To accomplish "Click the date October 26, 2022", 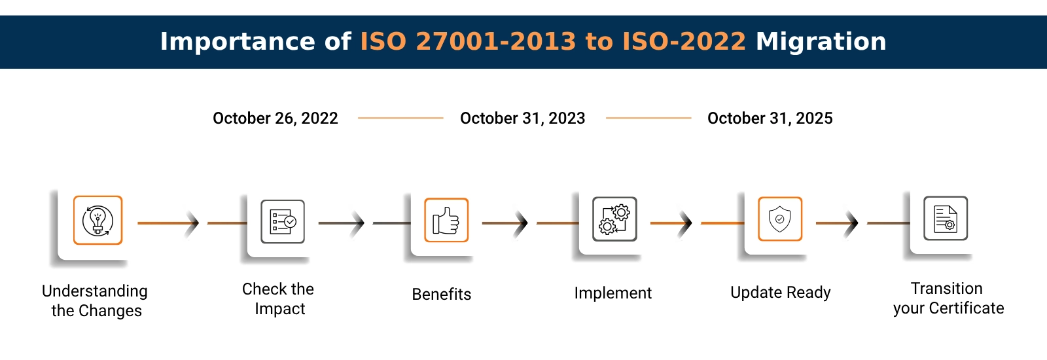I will click(275, 118).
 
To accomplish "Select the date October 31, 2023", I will click(523, 118).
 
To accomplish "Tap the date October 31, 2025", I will click(770, 118).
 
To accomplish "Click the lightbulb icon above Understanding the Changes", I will click(98, 221).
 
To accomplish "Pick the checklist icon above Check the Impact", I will click(283, 222).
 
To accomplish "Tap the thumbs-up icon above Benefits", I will click(446, 221).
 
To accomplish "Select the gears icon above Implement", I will click(614, 219).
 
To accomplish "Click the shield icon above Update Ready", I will click(780, 219).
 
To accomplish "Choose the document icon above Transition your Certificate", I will click(946, 219).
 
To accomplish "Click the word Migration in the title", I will click(821, 42).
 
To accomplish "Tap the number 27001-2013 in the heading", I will click(496, 42).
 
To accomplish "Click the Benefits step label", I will click(442, 295).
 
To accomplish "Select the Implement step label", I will click(613, 293).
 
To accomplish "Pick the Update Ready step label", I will click(781, 293).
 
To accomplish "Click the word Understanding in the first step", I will click(95, 291).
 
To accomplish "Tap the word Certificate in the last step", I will click(967, 308).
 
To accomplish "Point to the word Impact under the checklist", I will click(280, 309).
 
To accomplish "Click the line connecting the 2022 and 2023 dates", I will click(400, 118).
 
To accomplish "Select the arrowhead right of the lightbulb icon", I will click(193, 223).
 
